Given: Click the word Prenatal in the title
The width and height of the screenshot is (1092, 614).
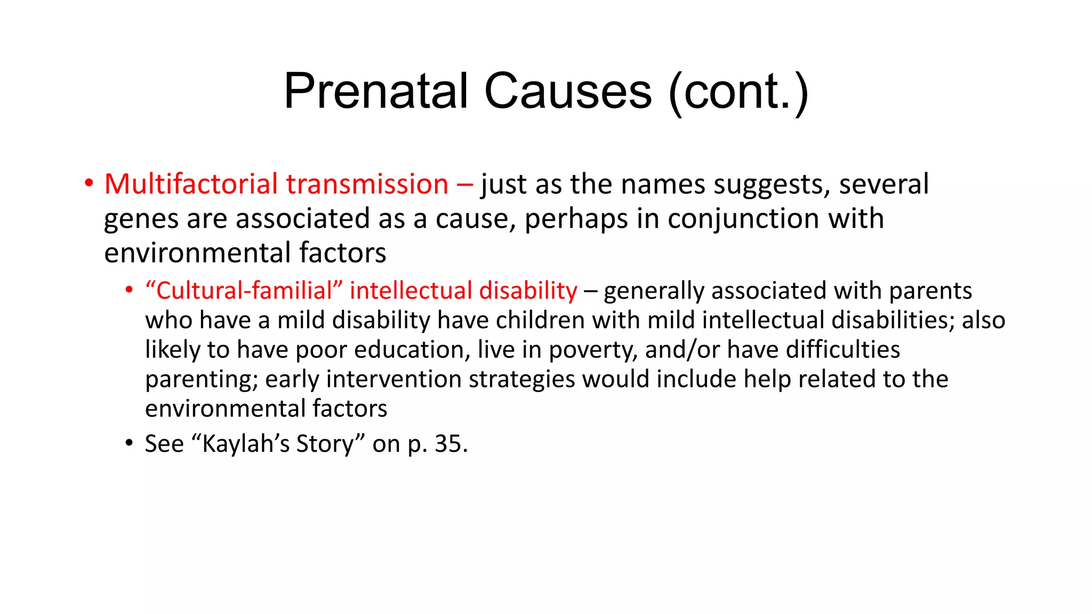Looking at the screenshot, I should point(376,91).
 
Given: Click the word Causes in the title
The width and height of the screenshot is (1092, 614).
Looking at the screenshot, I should point(568,91).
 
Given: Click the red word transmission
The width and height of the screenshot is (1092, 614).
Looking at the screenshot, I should point(367,184).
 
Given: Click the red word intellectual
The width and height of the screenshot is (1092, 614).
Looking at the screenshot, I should point(411,291).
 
